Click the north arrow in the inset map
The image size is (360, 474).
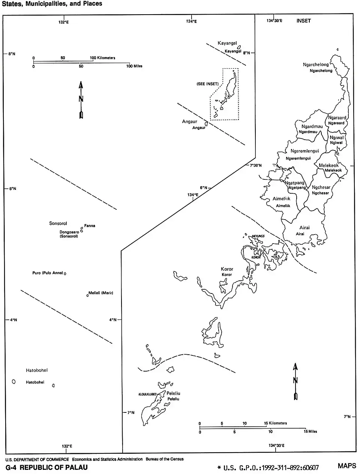pos(295,381)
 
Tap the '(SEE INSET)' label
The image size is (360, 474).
pos(207,84)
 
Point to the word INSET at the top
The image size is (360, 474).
pos(303,21)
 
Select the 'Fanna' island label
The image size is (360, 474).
pos(90,226)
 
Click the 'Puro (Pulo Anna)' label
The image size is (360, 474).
pos(48,273)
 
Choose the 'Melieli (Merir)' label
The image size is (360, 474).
pos(101,293)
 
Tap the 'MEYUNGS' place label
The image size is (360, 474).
pos(258,236)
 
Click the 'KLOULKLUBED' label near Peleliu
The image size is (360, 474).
pos(147,394)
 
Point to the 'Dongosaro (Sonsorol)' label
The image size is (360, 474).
pos(69,234)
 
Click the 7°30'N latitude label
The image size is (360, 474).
pos(256,165)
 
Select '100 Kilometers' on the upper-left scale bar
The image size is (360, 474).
pos(102,58)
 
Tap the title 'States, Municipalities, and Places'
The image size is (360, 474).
pos(52,4)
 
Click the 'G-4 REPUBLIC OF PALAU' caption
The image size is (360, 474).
pos(47,467)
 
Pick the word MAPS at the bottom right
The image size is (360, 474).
pos(347,466)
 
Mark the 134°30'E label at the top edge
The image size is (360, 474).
pos(274,21)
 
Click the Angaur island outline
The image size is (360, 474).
pos(206,123)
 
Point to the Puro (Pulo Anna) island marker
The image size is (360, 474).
pos(65,274)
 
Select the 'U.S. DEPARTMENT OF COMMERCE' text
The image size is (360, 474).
pos(37,459)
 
